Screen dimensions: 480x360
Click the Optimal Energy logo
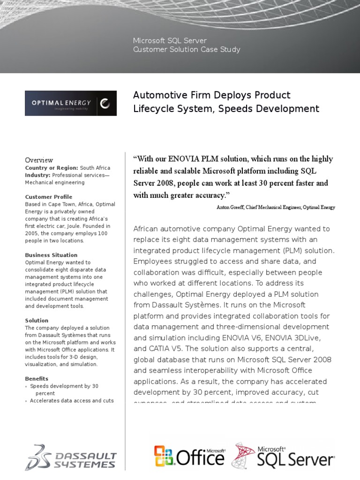pos(70,103)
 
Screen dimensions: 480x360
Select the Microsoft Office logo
pos(189,456)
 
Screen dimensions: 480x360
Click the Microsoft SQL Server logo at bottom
pos(283,455)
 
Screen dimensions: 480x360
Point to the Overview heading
pos(39,160)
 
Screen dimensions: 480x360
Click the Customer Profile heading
pos(48,197)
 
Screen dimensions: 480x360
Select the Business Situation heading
pos(52,255)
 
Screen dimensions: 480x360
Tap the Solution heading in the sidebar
pos(37,321)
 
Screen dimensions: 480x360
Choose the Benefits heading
pos(37,379)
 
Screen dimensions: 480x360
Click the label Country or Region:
pos(51,168)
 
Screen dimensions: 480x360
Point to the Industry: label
pos(37,175)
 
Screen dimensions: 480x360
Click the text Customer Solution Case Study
pos(187,49)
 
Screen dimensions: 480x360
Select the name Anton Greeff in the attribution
pos(229,207)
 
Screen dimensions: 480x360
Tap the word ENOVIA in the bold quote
pos(189,159)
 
